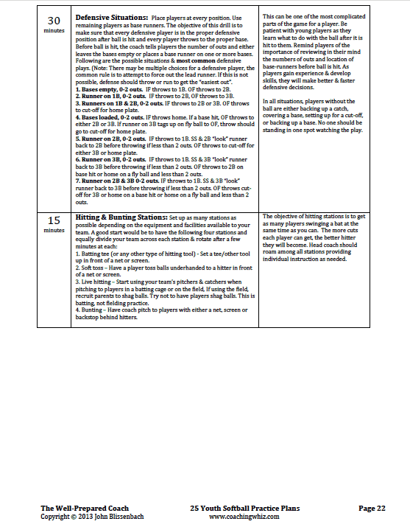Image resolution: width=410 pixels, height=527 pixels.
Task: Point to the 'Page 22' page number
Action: (372, 508)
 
